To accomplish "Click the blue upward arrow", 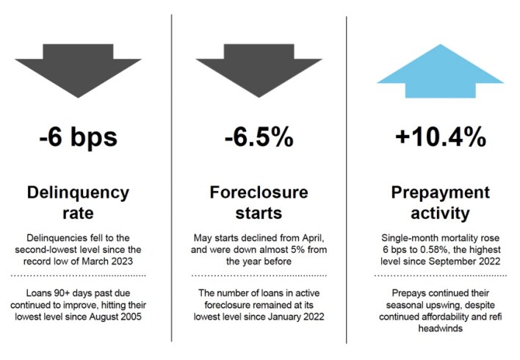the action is [441, 71].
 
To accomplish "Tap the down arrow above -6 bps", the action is [79, 71].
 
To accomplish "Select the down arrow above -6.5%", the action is [259, 71].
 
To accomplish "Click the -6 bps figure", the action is [79, 137].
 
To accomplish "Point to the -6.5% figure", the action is [259, 137].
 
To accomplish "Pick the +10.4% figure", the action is [441, 137].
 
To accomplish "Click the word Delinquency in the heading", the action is [79, 193].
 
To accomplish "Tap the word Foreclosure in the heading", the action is [259, 192].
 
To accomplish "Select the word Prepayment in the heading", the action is [441, 193].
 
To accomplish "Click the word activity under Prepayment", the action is [441, 214].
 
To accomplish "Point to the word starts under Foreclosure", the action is [259, 213].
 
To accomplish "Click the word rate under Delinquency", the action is [79, 213].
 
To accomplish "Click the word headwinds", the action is [441, 328].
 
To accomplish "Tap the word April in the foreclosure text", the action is [313, 238].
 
